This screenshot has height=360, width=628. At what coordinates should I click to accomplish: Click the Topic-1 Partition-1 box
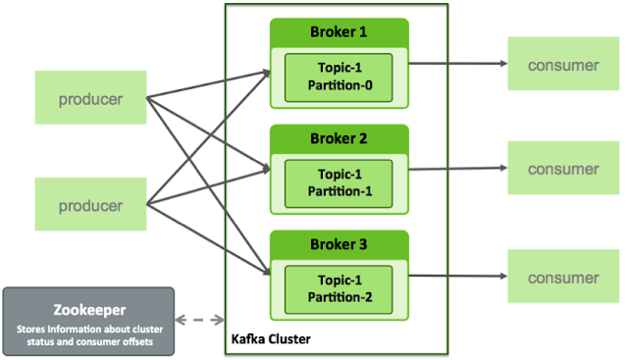tap(339, 181)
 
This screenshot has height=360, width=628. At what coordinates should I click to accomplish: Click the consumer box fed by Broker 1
tap(562, 65)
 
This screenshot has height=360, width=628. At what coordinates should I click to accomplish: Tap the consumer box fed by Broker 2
tap(562, 169)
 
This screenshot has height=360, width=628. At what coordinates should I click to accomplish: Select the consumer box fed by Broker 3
tap(562, 277)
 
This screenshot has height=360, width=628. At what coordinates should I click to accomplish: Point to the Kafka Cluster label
tap(273, 338)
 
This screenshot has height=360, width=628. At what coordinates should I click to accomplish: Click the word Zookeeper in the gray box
tap(87, 308)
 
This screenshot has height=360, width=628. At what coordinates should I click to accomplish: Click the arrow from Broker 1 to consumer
tap(456, 64)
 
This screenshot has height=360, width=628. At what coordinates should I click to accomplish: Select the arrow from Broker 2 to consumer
tap(456, 169)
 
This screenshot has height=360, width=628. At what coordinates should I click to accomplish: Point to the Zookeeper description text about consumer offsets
tap(87, 334)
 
